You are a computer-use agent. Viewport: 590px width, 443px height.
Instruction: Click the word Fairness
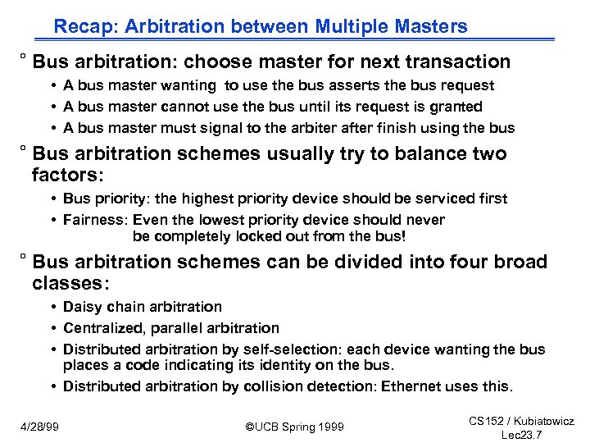pyautogui.click(x=95, y=220)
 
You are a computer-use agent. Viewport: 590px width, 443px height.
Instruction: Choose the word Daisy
pyautogui.click(x=82, y=307)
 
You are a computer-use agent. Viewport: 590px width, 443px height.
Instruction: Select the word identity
pyautogui.click(x=269, y=364)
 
